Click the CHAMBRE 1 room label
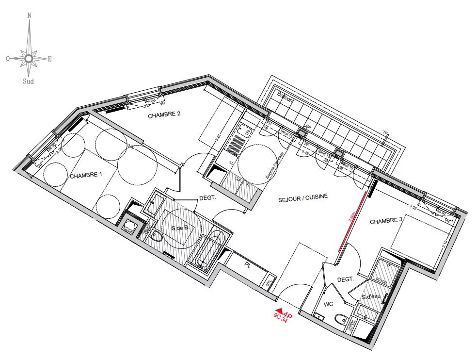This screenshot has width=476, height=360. (x=86, y=176)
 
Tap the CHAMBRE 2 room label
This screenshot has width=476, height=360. (x=164, y=115)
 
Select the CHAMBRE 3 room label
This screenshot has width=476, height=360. (x=386, y=221)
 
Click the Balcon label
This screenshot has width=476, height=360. (x=286, y=96)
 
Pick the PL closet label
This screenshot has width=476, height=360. (x=248, y=265)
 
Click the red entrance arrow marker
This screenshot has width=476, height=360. (x=279, y=311)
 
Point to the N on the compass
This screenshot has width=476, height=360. (x=30, y=16)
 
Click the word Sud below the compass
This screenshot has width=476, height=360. (x=29, y=82)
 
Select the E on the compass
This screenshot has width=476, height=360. (x=50, y=59)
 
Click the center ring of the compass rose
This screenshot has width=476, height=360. (x=29, y=59)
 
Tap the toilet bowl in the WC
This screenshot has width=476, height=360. (x=341, y=319)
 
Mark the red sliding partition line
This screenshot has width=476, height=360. (x=352, y=221)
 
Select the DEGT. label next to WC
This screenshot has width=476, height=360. (x=346, y=279)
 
